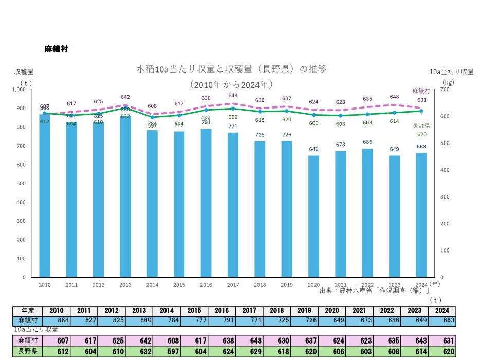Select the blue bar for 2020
point(313,216)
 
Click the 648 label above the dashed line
point(233,96)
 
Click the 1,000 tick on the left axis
point(18,89)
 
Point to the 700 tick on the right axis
point(446,89)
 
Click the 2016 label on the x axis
point(206,284)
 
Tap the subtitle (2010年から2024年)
point(231,84)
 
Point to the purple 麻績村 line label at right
point(421,91)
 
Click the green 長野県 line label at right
point(421,125)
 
